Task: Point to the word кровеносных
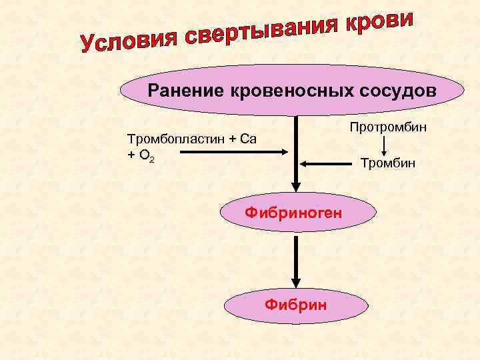(280, 89)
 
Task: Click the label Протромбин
(387, 127)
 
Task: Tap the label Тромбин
(387, 162)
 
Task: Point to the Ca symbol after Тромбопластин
(249, 139)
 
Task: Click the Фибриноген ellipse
(294, 213)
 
